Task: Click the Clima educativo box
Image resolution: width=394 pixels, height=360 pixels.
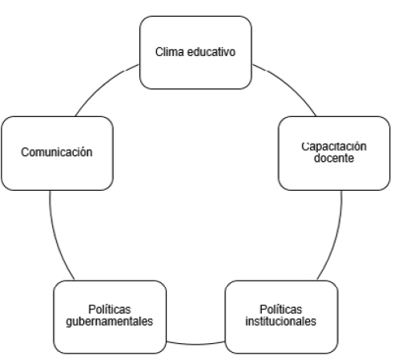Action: [x=195, y=52]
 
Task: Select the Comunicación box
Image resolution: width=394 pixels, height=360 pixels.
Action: [x=57, y=153]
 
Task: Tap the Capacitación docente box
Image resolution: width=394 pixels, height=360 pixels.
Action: [x=334, y=153]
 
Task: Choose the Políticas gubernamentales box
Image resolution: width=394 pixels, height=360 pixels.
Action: [x=110, y=317]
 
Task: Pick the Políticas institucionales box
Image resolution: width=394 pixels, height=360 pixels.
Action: [x=282, y=317]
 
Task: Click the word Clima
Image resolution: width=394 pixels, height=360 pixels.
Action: [x=170, y=52]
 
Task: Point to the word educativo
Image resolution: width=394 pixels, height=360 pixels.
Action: [x=211, y=52]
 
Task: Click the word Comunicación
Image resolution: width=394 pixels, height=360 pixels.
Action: [x=57, y=152]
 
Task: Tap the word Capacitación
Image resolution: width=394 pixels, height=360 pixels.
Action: [x=334, y=147]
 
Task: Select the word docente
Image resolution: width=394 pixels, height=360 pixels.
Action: [x=334, y=158]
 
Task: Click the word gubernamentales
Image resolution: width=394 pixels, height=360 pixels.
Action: [x=110, y=322]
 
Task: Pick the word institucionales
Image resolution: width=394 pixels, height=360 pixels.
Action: [x=281, y=322]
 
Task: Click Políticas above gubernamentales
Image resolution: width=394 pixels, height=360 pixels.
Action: [x=110, y=309]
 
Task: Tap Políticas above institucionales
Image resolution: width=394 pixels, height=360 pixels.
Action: [x=281, y=309]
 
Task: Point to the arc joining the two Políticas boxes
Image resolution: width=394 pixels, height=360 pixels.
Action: [x=195, y=344]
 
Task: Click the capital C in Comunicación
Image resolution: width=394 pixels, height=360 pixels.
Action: [x=25, y=152]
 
